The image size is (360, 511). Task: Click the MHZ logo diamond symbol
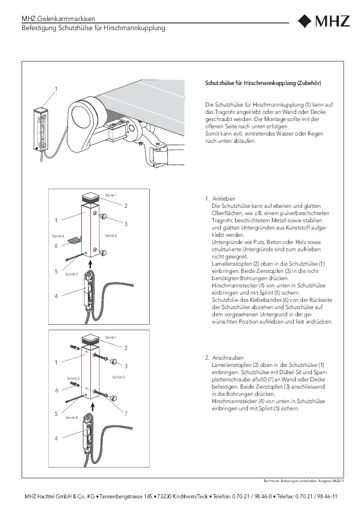(305, 21)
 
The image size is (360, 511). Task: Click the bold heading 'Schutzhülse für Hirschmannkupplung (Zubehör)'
(263, 83)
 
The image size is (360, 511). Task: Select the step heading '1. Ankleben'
(220, 198)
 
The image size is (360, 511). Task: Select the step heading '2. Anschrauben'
(225, 357)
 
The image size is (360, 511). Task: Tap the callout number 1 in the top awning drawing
(56, 89)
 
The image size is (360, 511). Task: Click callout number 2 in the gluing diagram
(126, 205)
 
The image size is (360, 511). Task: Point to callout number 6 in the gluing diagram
(57, 245)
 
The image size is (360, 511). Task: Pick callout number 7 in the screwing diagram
(126, 413)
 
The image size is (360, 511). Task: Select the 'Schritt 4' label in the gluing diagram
(58, 236)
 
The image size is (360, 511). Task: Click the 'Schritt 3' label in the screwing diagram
(119, 377)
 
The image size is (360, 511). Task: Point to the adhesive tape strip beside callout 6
(73, 240)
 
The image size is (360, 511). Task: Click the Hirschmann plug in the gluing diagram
(88, 289)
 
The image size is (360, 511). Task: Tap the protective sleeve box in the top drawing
(42, 129)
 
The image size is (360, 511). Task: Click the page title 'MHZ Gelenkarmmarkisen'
(58, 19)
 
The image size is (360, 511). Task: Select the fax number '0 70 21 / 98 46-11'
(316, 497)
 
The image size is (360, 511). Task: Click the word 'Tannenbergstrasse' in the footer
(120, 497)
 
